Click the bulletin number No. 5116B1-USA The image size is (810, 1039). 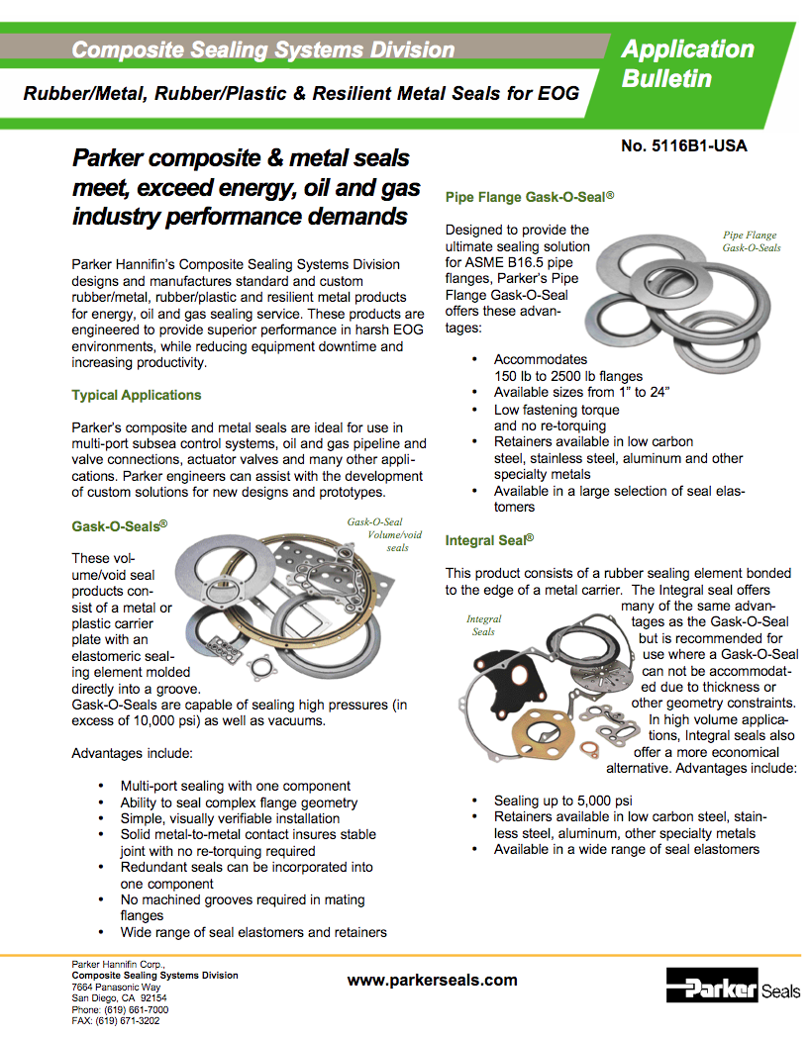coord(683,146)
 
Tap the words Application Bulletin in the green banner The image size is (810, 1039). coord(687,63)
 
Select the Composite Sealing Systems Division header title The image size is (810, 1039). coord(263,49)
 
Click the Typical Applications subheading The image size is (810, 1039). coord(137,395)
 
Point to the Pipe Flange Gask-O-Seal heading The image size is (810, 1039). coord(530,197)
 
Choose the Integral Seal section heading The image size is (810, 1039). coord(489,540)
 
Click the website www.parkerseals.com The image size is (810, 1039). coord(432,980)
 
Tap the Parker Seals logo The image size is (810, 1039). coord(733,989)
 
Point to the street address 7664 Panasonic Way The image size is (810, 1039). coord(116,987)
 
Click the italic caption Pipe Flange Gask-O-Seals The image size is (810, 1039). coord(750,241)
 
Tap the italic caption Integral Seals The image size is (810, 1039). coord(483,625)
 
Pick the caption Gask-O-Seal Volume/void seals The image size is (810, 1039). coord(386,534)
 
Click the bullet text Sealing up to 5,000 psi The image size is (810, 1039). coord(563,800)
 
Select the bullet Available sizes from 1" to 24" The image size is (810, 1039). coord(582,392)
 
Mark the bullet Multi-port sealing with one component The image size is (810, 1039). coord(236,786)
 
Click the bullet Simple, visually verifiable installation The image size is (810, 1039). coord(230,818)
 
